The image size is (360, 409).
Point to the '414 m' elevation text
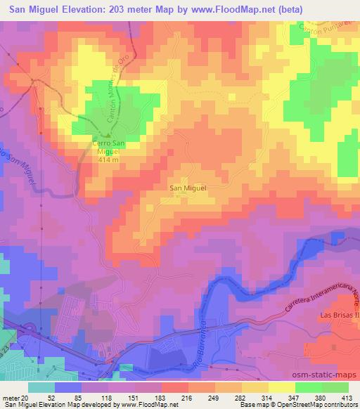pos(108,160)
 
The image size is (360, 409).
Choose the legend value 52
pos(51,397)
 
